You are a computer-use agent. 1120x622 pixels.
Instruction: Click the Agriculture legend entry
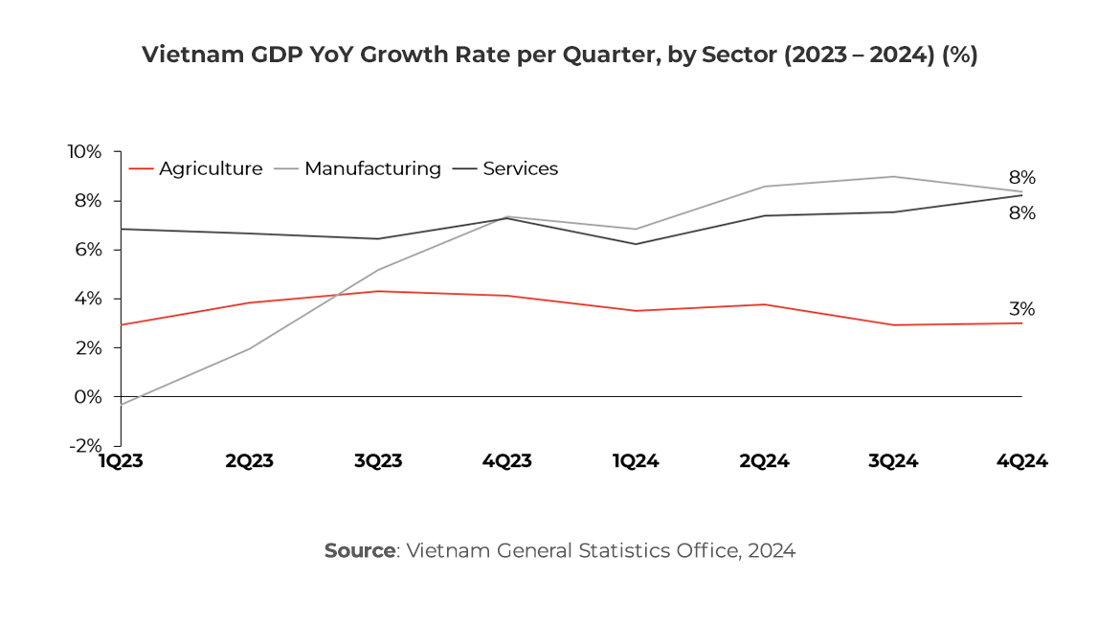click(x=210, y=168)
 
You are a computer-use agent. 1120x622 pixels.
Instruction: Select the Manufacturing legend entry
click(x=371, y=168)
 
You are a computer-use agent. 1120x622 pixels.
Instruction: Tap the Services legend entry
click(x=520, y=168)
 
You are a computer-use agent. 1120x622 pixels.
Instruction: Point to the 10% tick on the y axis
click(x=84, y=152)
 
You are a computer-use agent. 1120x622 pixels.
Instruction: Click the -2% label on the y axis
click(x=84, y=445)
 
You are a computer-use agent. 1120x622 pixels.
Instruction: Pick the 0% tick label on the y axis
click(x=87, y=396)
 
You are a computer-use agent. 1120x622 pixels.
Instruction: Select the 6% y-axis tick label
click(x=87, y=250)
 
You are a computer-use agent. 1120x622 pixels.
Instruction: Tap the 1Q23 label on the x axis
click(x=121, y=461)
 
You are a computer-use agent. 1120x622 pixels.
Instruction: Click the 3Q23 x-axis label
click(x=378, y=461)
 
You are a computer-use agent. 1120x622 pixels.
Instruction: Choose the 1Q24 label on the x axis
click(x=636, y=461)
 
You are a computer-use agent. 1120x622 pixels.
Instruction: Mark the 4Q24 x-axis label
click(x=1021, y=461)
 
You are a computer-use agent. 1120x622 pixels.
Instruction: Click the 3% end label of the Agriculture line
click(x=1021, y=309)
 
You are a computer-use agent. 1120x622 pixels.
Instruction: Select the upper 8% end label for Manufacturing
click(x=1021, y=178)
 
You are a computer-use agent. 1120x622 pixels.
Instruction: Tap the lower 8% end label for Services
click(x=1021, y=213)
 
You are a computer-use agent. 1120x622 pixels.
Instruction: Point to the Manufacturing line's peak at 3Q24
click(x=893, y=176)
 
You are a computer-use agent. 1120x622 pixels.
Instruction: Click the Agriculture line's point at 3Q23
click(x=378, y=291)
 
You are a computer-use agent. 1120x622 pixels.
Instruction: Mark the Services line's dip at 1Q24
click(x=636, y=244)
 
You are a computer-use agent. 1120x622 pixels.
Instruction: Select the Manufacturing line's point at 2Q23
click(x=250, y=348)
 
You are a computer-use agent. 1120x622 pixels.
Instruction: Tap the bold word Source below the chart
click(x=360, y=551)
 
